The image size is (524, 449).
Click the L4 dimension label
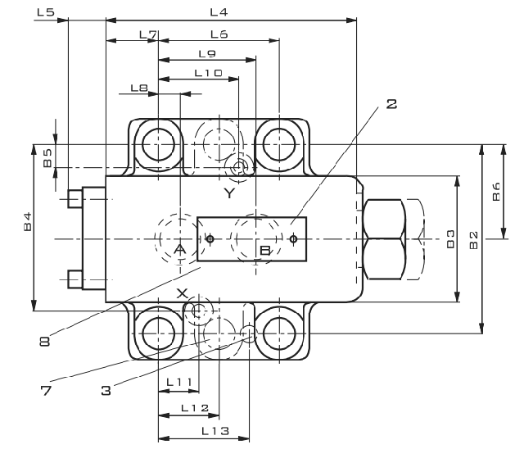[x=218, y=11]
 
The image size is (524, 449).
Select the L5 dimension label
[x=46, y=12]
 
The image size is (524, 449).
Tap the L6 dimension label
[x=219, y=34]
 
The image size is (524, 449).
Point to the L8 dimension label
[x=138, y=87]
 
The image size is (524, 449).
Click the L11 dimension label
[x=178, y=382]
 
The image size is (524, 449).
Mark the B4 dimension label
[x=27, y=220]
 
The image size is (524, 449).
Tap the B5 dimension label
[x=48, y=157]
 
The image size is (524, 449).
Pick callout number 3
[x=106, y=391]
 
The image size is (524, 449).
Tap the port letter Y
[x=229, y=193]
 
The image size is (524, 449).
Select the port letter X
[x=183, y=293]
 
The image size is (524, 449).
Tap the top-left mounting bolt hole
[x=156, y=145]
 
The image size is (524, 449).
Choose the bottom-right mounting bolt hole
[x=280, y=333]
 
